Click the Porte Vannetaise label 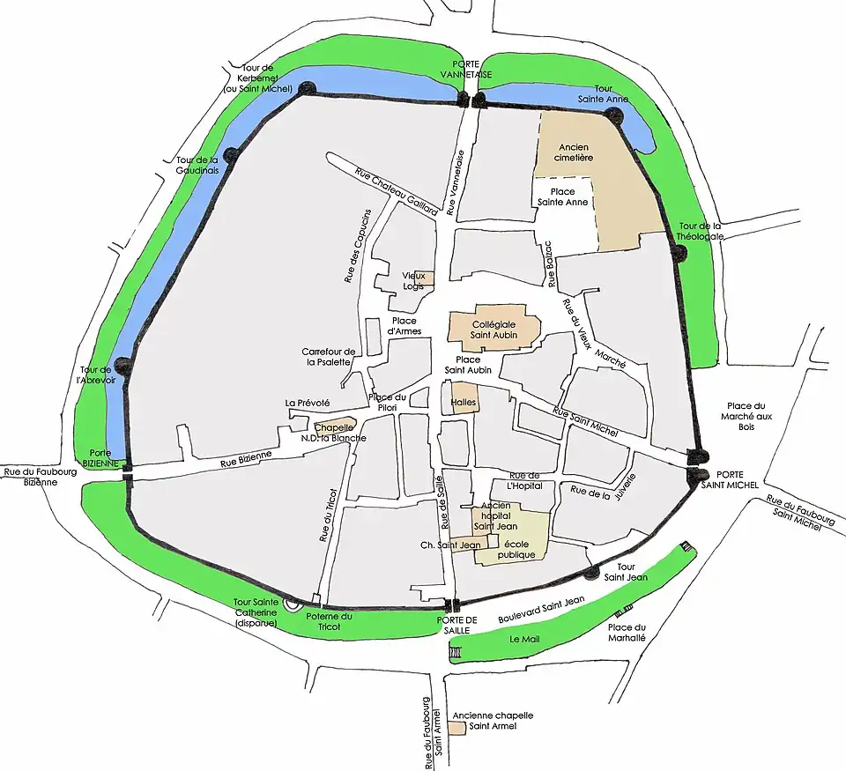pyautogui.click(x=471, y=70)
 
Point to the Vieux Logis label pyautogui.click(x=413, y=281)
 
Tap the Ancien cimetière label pyautogui.click(x=575, y=152)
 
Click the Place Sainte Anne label pyautogui.click(x=562, y=196)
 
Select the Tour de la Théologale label pyautogui.click(x=701, y=231)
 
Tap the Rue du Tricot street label pyautogui.click(x=325, y=515)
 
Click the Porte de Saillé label pyautogui.click(x=456, y=625)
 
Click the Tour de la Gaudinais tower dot pyautogui.click(x=230, y=154)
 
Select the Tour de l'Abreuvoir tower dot pyautogui.click(x=122, y=365)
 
